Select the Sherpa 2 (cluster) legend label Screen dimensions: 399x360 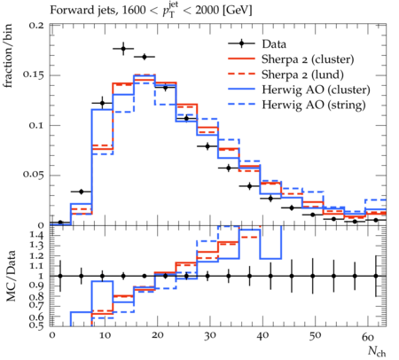[308, 59]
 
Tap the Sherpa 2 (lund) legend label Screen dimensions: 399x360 [302, 74]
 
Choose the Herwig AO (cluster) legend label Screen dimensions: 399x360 [316, 90]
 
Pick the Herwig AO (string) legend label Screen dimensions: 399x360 [314, 105]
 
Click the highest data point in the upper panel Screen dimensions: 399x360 [123, 49]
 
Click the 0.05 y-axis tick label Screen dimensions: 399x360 [34, 175]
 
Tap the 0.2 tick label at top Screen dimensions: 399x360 [36, 25]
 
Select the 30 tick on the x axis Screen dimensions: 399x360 [209, 336]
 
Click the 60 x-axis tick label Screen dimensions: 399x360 [368, 336]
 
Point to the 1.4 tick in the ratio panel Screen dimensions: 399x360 [38, 236]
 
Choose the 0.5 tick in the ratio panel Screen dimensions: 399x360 [38, 325]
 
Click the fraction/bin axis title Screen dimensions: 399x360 [8, 56]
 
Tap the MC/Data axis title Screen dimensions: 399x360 [11, 276]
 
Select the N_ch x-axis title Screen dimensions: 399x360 [377, 352]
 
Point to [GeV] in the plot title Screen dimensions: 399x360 [237, 11]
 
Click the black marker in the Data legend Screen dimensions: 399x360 [241, 43]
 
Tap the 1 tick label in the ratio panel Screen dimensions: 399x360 [41, 276]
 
